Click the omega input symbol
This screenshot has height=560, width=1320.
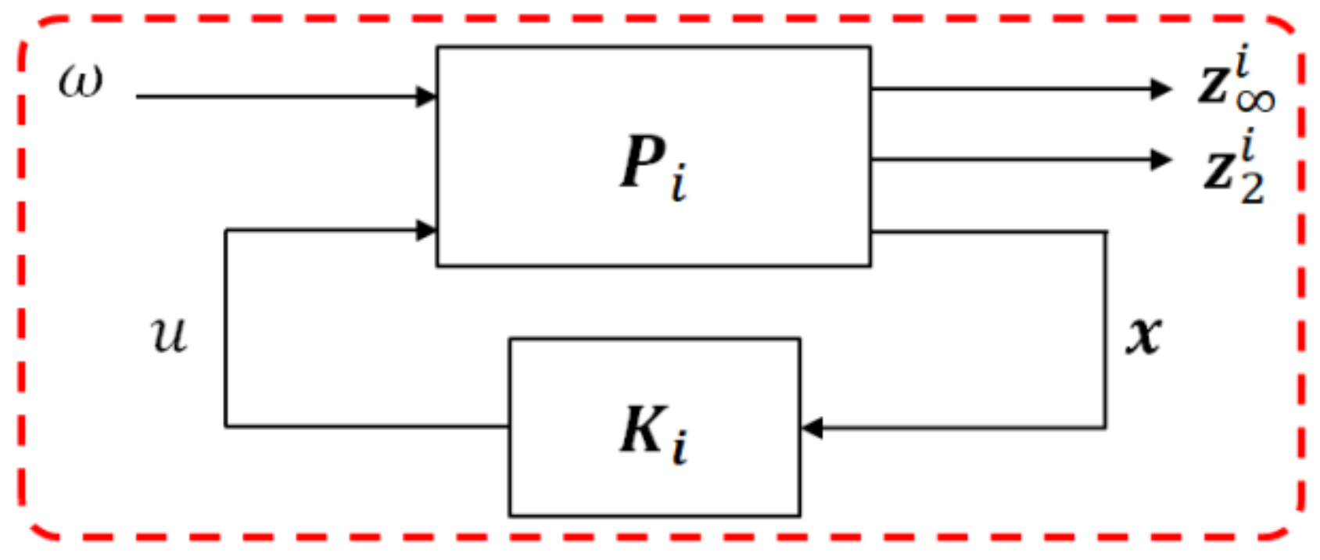tap(81, 81)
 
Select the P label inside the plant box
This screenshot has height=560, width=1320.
tap(643, 162)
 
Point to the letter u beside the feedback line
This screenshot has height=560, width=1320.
tap(170, 335)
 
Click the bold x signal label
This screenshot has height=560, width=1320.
tap(1144, 335)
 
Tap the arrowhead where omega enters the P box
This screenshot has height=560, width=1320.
tap(426, 97)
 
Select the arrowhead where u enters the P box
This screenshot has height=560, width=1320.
tap(426, 230)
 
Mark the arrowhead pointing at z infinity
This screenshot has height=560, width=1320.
tap(1161, 89)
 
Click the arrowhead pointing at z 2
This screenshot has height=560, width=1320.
tap(1161, 160)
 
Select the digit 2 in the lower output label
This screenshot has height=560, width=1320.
tap(1252, 188)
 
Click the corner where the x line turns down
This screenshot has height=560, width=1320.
tap(1106, 232)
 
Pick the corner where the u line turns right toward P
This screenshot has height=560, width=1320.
tap(226, 230)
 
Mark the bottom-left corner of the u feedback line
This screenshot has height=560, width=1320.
tap(226, 426)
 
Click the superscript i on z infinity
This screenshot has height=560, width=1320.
tap(1246, 61)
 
